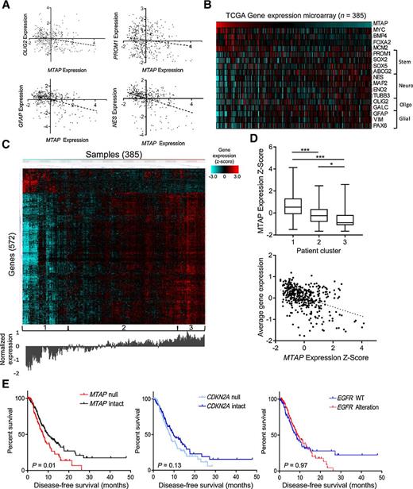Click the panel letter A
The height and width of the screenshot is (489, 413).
point(6,6)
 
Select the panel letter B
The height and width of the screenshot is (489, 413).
point(208,6)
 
